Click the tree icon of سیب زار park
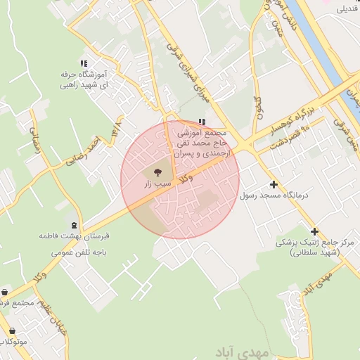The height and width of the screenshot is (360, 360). click(156, 171)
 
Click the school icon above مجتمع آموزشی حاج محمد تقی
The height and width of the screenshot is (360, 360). click(203, 121)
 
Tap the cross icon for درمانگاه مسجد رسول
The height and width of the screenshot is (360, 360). click(273, 184)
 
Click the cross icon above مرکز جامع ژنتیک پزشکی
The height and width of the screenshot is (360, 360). click(314, 231)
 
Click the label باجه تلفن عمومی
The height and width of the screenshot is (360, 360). click(84, 249)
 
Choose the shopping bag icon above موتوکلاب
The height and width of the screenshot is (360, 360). click(12, 330)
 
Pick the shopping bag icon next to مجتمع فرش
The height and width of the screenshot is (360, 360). click(5, 292)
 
